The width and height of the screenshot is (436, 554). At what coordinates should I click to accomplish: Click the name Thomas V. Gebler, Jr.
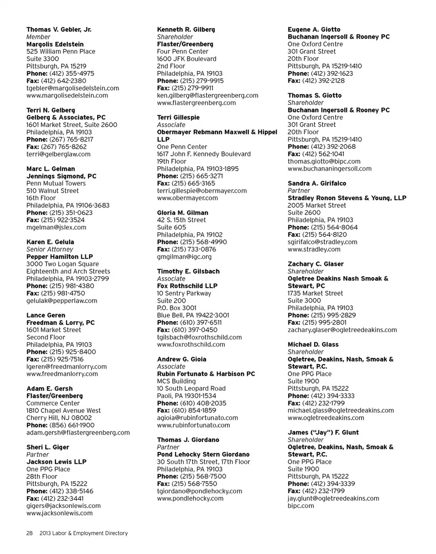pos(59,29)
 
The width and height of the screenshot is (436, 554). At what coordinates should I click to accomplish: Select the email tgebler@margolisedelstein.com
pos(73,88)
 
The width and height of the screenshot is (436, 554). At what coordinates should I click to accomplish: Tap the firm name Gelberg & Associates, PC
pos(66,118)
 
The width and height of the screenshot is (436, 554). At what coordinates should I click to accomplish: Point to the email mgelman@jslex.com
pos(56,227)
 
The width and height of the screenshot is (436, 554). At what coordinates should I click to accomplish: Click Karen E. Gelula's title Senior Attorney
pos(50,250)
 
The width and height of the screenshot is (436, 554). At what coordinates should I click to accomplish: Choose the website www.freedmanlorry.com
pos(62,374)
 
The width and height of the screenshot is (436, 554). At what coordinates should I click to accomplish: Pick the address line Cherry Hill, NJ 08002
pos(59,418)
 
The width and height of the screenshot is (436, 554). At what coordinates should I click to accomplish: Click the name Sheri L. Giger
pos(48,447)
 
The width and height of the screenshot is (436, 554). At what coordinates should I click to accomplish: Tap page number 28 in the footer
pos(29,534)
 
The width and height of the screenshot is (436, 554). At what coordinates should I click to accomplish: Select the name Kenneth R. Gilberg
pos(186,29)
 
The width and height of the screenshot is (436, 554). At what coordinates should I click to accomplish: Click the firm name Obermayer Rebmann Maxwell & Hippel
pos(217,132)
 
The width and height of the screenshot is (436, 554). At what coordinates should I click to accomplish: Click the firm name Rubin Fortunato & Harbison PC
pos(206,374)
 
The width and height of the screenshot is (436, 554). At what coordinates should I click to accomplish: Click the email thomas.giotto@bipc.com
pos(324,162)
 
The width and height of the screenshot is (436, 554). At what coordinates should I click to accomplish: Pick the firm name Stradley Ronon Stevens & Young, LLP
pos(347,198)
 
